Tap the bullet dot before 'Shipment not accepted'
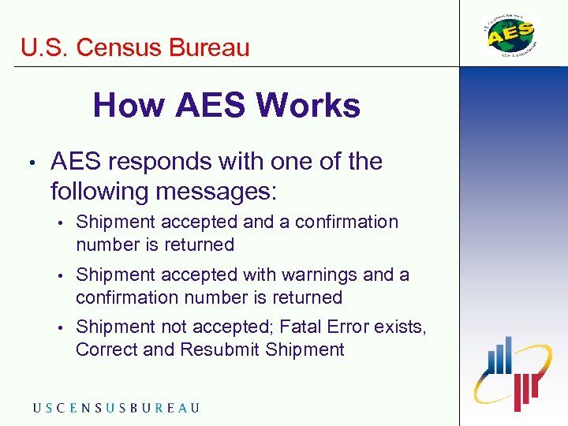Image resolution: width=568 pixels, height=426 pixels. (61, 327)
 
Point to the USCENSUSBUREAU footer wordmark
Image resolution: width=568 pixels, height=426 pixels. (116, 407)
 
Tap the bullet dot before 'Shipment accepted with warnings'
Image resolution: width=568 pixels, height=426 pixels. (61, 275)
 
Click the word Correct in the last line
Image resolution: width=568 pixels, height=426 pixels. (105, 349)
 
